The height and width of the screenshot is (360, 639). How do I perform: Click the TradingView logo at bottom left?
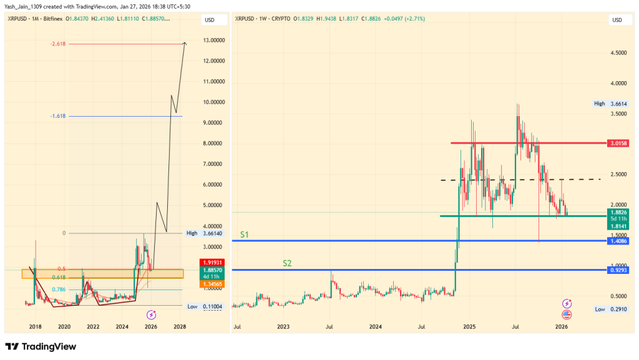tap(41, 346)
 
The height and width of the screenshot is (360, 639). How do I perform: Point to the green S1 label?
tap(246, 235)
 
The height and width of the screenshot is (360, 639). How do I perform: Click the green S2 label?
tap(287, 263)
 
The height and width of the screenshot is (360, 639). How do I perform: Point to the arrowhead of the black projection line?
tap(185, 42)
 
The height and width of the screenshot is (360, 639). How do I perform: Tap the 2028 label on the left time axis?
tap(180, 326)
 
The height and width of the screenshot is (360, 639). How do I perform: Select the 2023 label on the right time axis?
tap(283, 326)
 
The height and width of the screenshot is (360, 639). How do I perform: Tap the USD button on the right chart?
tap(617, 20)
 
